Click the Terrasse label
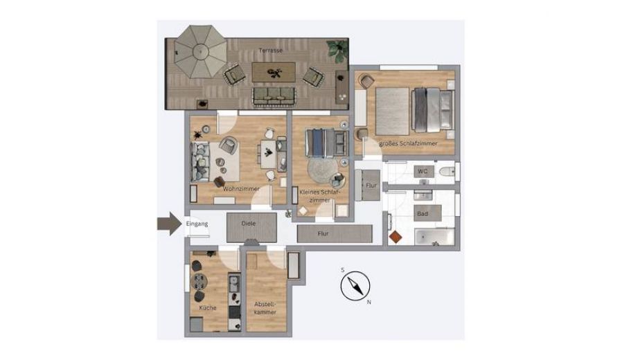pos(271,51)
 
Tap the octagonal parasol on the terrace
pos(200,52)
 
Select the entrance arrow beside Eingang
pos(170,224)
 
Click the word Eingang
pos(197,224)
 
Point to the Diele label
pos(249,223)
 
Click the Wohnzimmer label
pos(241,189)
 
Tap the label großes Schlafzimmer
pos(408,144)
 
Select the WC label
pos(423,172)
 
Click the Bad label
pos(423,213)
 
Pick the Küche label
pos(208,308)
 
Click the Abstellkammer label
pos(265,308)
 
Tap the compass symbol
pos(355,286)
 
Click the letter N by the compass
pos(369,303)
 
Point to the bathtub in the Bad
pos(435,237)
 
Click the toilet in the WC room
pos(447,172)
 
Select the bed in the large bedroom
pos(433,110)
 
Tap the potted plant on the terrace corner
pos(337,51)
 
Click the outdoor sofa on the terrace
pos(274,96)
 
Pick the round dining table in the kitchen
pos(199,281)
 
